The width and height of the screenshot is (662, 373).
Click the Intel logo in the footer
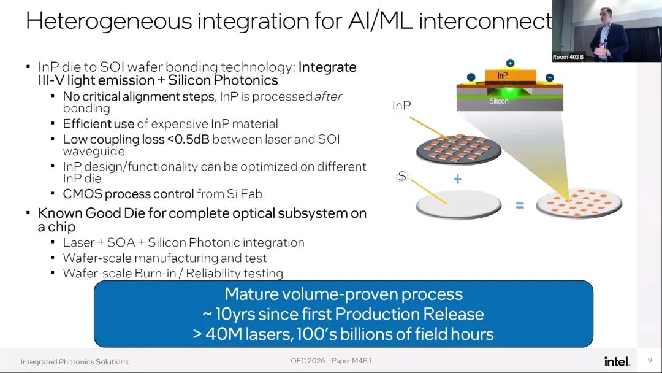coord(617,361)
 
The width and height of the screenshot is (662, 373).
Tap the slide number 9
coord(650,360)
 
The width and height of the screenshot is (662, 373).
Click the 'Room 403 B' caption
coord(568,57)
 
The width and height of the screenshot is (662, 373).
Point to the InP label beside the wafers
coord(401,105)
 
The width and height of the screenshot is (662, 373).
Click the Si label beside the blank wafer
coord(403,176)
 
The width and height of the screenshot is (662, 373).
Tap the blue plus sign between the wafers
coord(457,179)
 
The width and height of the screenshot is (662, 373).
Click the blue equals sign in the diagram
coord(520,206)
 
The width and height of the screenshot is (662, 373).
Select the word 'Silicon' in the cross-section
coord(498,101)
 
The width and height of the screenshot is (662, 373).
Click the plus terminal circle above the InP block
coord(510,63)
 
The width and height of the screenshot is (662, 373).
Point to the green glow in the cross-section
coord(509,91)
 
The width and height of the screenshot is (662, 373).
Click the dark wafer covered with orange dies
coord(458,148)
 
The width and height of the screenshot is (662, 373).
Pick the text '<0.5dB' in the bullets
coord(188,139)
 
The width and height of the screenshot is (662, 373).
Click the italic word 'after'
coord(328,97)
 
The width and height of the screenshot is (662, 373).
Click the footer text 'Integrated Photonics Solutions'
coord(75,361)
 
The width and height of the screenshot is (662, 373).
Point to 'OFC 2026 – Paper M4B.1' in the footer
coord(331,360)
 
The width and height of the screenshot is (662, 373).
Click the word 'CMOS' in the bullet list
coord(82,194)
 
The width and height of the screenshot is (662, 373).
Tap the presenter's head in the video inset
coord(607,16)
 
